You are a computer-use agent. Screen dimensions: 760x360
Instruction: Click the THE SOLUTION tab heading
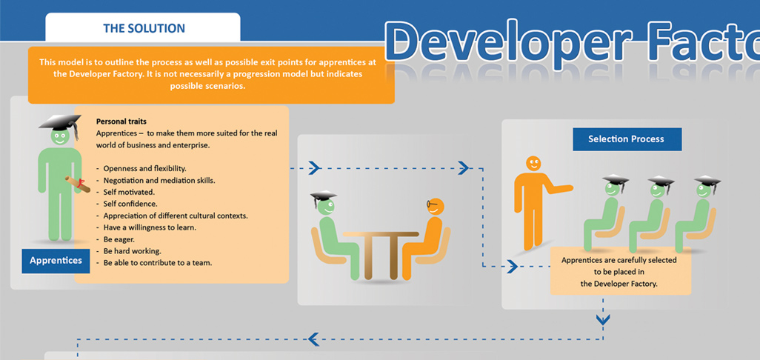[x=144, y=28]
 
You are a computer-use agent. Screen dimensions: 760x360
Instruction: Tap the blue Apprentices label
[x=56, y=261]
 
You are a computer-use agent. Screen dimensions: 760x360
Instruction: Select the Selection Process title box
[x=627, y=139]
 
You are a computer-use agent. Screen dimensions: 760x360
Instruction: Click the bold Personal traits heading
[x=121, y=121]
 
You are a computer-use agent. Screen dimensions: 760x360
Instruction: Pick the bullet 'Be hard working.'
[x=132, y=251]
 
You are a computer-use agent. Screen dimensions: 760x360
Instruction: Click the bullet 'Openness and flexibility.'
[x=144, y=169]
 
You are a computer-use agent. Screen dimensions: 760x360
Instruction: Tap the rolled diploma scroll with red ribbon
[x=78, y=184]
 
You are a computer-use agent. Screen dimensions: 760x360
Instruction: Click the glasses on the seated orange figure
[x=432, y=204]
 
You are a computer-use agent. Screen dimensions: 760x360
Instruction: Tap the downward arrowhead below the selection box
[x=603, y=320]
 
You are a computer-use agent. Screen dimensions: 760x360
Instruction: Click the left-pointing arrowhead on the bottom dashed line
[x=313, y=339]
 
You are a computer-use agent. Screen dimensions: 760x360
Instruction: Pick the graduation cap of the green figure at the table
[x=323, y=197]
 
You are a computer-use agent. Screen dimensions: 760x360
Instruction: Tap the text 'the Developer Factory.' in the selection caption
[x=619, y=284]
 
